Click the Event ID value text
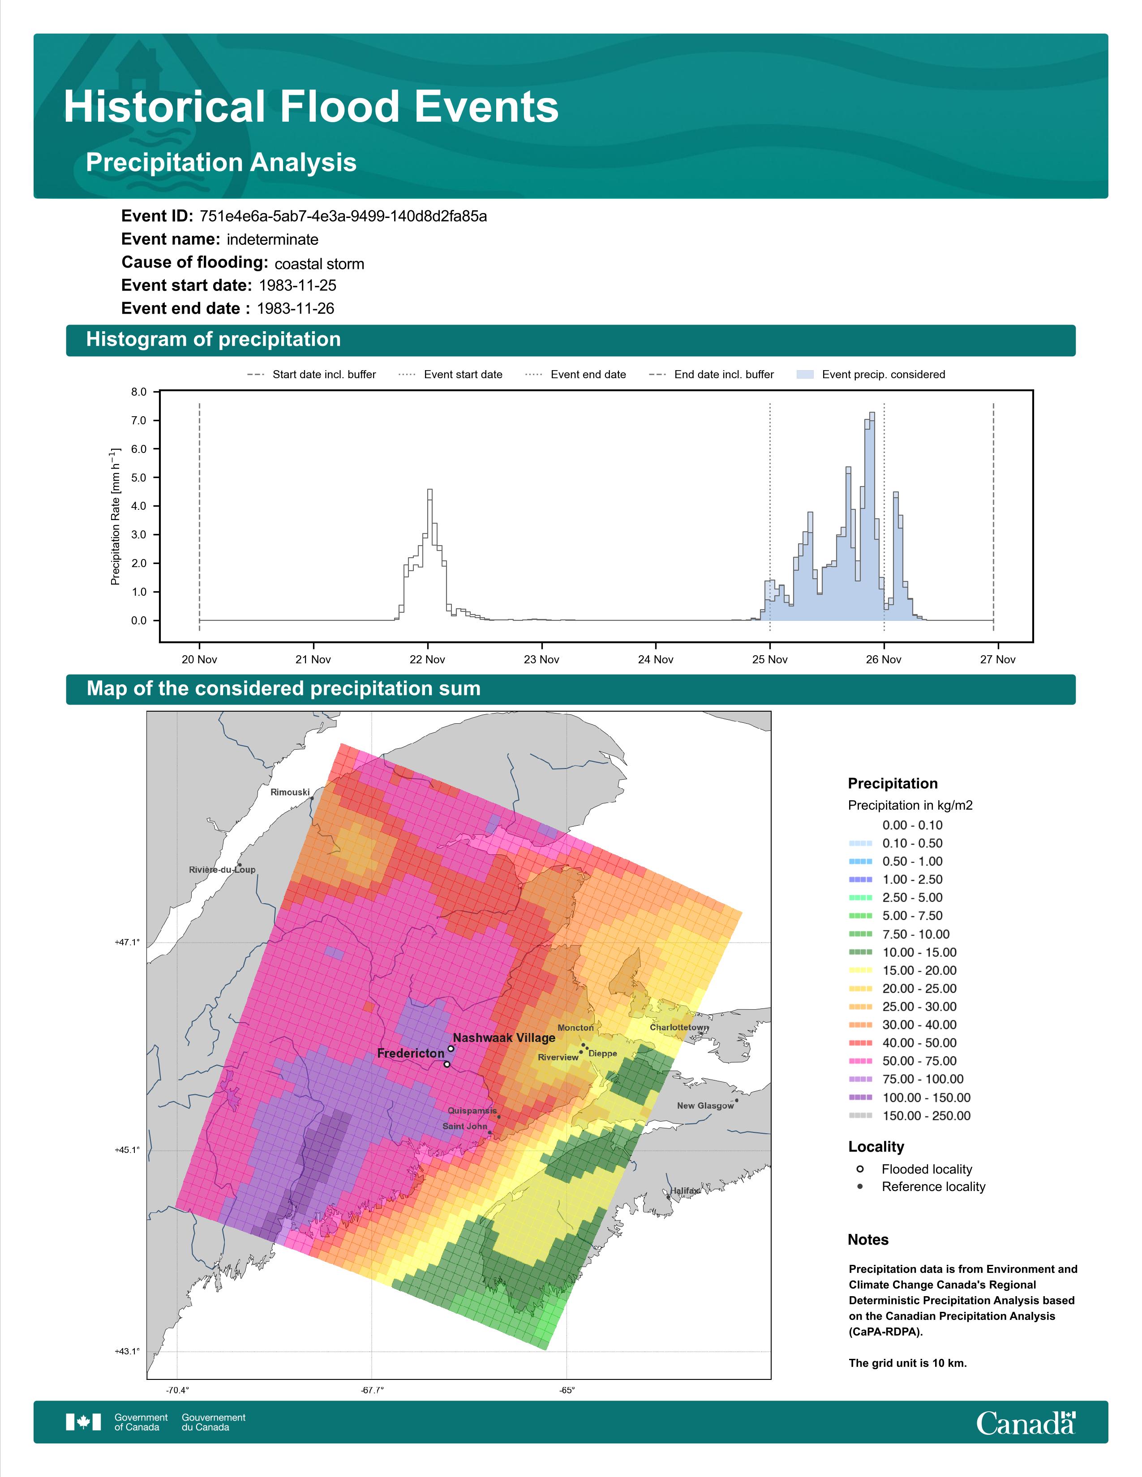click(343, 217)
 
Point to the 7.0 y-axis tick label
click(139, 421)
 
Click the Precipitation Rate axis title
click(115, 516)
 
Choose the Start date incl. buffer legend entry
click(312, 375)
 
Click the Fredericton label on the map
click(411, 1054)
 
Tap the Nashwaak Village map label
click(504, 1037)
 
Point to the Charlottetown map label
click(679, 1027)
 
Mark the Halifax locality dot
click(669, 1197)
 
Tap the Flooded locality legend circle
click(860, 1169)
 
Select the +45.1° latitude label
click(127, 1150)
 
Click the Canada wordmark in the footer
click(1026, 1424)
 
